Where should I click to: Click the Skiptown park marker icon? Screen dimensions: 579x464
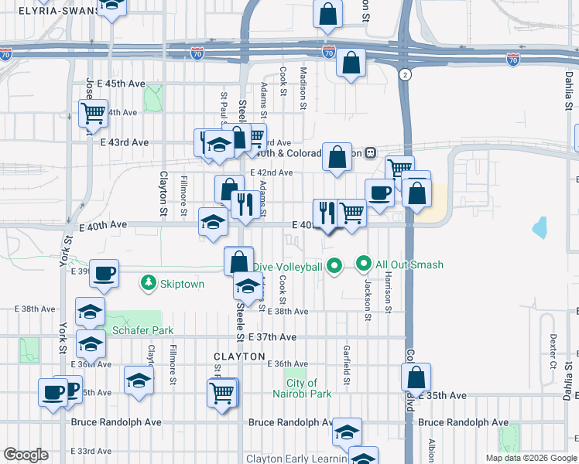click(x=149, y=284)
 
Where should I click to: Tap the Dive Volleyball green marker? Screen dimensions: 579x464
click(x=334, y=267)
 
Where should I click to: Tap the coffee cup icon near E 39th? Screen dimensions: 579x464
click(x=104, y=272)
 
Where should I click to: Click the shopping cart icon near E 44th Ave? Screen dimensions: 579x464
click(x=94, y=113)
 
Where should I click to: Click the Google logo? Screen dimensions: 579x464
click(x=26, y=455)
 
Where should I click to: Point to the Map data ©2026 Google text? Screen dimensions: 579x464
click(x=530, y=458)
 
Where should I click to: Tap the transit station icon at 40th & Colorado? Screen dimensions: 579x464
click(x=371, y=152)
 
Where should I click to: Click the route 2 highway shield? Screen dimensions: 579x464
click(x=405, y=74)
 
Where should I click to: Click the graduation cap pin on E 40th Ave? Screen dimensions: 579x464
click(x=214, y=223)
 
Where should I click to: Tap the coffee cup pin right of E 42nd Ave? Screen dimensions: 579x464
click(x=379, y=193)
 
